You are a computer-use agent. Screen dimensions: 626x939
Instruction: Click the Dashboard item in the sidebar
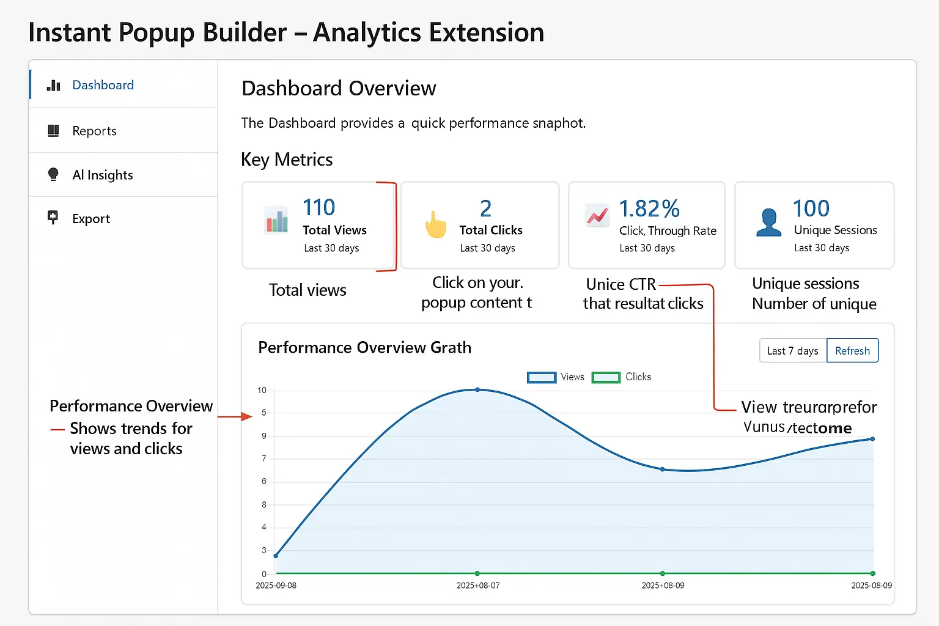[102, 85]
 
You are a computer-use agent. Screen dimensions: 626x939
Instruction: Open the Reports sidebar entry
[94, 131]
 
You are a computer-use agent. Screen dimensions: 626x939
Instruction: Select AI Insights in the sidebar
[102, 175]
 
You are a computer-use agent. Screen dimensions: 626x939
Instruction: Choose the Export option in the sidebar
[90, 219]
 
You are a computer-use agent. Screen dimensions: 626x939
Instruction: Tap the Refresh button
[852, 350]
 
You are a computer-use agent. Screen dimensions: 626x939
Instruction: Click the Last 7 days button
[793, 350]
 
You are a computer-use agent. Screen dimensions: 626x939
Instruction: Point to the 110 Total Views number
[319, 208]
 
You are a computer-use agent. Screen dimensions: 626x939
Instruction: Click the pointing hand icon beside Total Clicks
[435, 224]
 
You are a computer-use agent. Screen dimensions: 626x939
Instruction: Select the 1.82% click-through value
[649, 209]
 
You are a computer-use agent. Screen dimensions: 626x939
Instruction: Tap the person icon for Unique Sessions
[768, 223]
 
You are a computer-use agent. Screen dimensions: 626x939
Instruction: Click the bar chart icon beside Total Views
[276, 220]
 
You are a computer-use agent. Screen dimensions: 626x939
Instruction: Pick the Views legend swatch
[542, 377]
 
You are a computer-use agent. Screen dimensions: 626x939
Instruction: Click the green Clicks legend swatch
[606, 377]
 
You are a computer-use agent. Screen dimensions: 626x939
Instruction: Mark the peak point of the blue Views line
[477, 389]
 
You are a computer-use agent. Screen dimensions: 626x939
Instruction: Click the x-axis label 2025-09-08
[276, 586]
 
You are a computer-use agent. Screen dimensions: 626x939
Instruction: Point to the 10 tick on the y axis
[262, 390]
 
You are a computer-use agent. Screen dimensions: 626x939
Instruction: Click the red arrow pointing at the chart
[235, 417]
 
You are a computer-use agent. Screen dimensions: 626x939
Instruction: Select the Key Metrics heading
[287, 160]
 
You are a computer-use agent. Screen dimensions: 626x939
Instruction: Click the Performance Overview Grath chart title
[364, 347]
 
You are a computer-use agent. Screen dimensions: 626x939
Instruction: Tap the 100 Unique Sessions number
[811, 208]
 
